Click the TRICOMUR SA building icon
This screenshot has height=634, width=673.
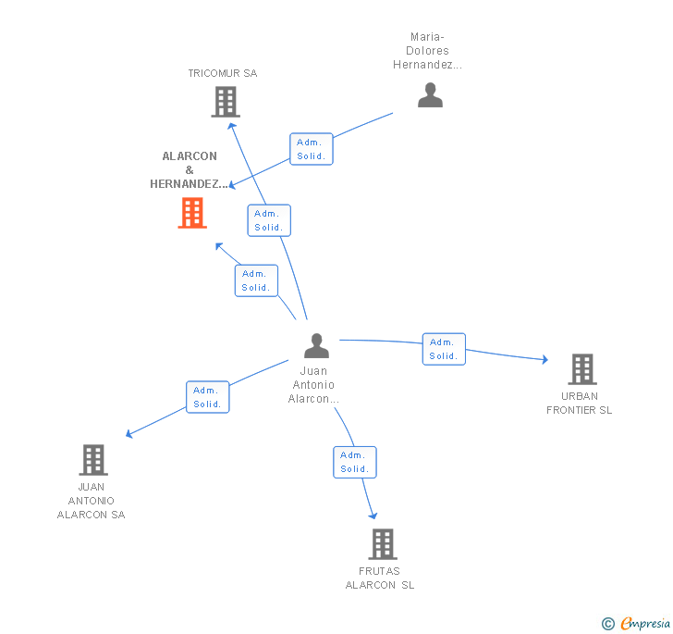[226, 102]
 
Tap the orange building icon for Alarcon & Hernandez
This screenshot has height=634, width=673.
[192, 213]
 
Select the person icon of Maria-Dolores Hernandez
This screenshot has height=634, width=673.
[430, 95]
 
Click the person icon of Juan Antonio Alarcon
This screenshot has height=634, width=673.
[316, 346]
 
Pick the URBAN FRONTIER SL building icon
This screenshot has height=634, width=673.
[581, 369]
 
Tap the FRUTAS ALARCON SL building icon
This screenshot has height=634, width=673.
[383, 544]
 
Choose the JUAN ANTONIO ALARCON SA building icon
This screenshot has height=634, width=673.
[92, 460]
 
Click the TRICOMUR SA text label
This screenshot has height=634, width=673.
[223, 73]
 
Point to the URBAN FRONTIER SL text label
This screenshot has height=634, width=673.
[580, 404]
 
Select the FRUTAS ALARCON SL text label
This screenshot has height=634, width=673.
[380, 578]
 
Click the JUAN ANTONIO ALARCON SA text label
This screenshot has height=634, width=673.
[91, 501]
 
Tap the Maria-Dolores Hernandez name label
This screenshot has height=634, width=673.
[427, 51]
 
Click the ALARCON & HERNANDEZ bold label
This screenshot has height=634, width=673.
[190, 170]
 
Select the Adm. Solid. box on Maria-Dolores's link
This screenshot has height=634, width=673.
[311, 149]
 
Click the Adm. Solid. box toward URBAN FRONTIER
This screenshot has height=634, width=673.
[444, 349]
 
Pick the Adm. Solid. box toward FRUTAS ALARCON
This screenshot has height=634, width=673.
[355, 462]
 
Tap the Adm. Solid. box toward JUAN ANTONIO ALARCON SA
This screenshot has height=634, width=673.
[207, 397]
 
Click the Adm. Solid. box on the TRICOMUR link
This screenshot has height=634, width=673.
[269, 220]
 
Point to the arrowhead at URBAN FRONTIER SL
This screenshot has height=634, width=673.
[545, 359]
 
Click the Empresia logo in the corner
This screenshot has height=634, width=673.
[636, 624]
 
